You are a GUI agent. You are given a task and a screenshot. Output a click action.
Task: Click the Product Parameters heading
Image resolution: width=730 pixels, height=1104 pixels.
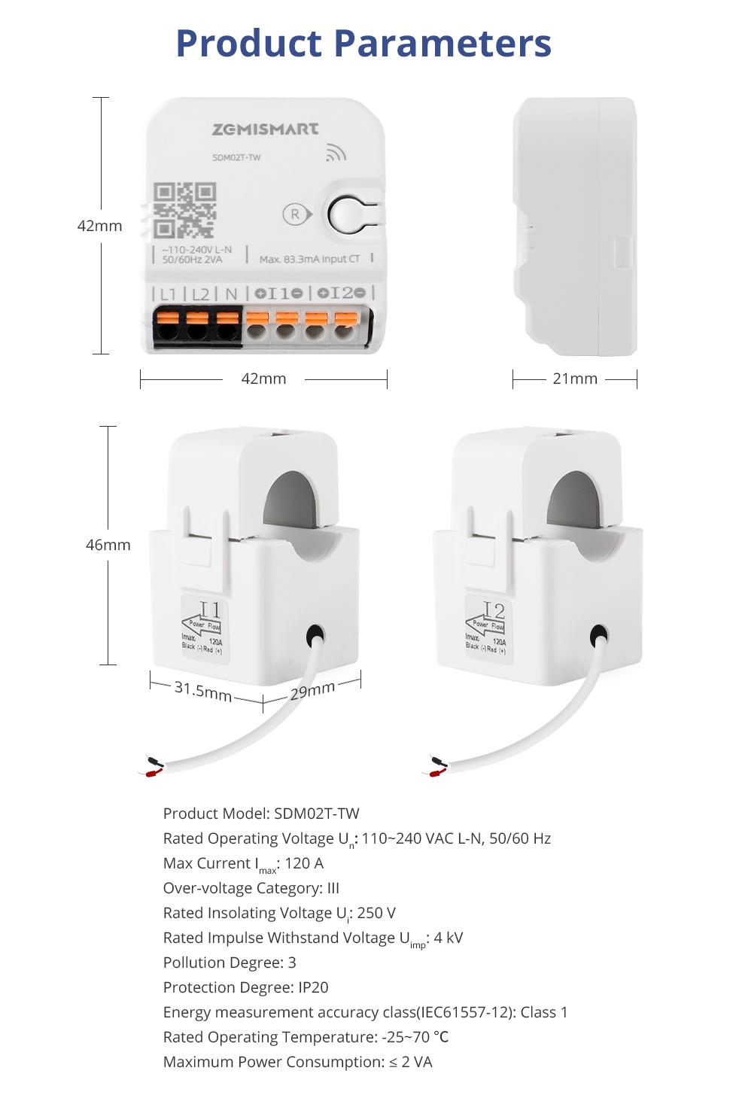point(363,43)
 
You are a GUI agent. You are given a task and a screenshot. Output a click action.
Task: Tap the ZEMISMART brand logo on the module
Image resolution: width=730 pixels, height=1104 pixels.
point(265,129)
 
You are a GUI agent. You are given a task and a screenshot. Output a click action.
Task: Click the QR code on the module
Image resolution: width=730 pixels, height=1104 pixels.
point(184,210)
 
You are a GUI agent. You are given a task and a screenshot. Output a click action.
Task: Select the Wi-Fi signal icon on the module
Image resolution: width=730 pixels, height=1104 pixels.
point(336,153)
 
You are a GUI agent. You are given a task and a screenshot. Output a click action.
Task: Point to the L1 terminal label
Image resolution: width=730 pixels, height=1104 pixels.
point(168,293)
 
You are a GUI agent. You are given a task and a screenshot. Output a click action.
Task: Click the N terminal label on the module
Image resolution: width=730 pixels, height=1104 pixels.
point(231,293)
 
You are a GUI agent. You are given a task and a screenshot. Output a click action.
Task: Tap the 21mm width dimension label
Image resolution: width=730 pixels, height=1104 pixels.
point(575,379)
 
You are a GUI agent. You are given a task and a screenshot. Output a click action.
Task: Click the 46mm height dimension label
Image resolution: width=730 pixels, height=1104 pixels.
point(108,545)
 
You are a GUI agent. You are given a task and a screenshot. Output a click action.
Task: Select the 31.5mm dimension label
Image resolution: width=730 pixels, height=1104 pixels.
point(203,690)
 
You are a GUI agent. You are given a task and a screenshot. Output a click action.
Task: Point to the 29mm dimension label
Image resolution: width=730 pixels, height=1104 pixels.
point(312,690)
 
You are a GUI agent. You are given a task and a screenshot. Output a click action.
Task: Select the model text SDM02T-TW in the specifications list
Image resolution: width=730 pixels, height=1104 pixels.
point(316,814)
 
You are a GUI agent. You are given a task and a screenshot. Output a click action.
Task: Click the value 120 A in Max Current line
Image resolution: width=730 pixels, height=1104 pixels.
point(304,863)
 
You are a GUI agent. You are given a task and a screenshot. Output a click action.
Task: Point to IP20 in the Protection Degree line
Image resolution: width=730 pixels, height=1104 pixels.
point(313,987)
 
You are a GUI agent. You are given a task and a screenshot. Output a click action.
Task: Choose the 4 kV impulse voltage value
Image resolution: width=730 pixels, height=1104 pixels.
point(449,938)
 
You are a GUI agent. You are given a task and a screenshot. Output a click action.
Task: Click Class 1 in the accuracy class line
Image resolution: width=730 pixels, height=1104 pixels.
point(543,1012)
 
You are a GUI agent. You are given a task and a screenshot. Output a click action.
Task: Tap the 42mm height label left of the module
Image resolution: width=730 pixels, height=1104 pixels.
point(99,226)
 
